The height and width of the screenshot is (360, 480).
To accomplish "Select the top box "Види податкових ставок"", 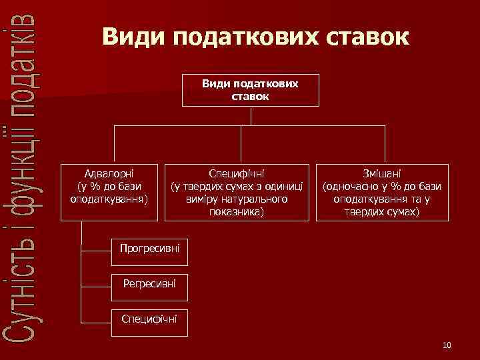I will coord(251,90).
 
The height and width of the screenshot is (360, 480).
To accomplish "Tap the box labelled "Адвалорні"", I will coord(110,191).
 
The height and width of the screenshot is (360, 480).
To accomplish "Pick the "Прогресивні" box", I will coord(149,249).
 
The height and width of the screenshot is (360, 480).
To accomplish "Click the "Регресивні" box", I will coord(149,284).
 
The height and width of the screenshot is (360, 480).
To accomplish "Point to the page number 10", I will coord(447,345).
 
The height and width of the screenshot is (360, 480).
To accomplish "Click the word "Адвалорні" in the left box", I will coord(109,172).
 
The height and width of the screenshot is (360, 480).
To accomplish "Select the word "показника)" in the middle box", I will coord(237,211).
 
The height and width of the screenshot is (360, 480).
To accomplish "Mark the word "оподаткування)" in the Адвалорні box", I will coord(109,198).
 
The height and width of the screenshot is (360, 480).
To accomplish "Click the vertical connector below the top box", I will coord(251,115).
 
